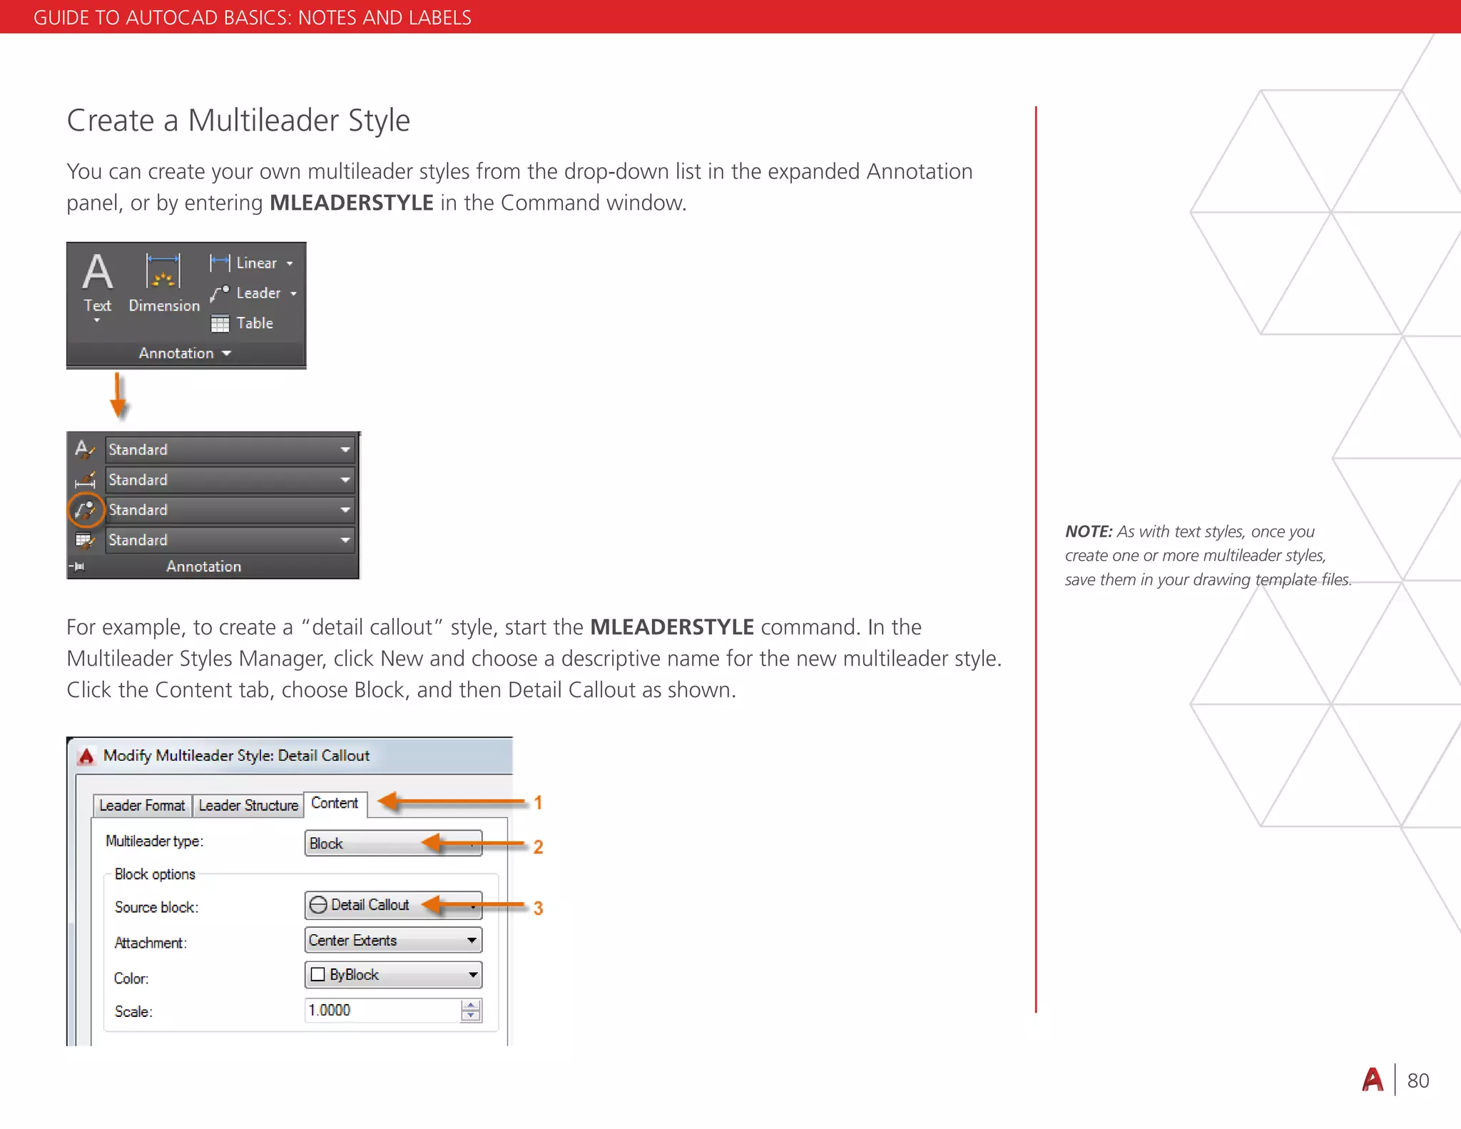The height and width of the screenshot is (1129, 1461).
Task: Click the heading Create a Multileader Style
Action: pyautogui.click(x=238, y=121)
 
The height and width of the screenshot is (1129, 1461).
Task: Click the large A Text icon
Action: pyautogui.click(x=98, y=273)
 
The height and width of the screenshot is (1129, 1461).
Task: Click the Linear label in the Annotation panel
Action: pyautogui.click(x=256, y=263)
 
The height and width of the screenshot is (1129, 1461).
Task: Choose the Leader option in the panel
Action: pyautogui.click(x=258, y=293)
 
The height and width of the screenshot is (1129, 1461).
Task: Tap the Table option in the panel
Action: pyautogui.click(x=254, y=323)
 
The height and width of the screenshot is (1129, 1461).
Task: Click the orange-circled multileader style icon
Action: pyautogui.click(x=86, y=510)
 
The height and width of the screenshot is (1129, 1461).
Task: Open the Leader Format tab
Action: pyautogui.click(x=142, y=806)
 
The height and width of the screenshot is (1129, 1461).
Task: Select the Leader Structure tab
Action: pyautogui.click(x=248, y=806)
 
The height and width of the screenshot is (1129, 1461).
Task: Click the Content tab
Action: pyautogui.click(x=335, y=804)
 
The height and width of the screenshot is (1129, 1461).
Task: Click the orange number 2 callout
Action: pyautogui.click(x=538, y=847)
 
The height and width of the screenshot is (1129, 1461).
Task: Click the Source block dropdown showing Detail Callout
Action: pyautogui.click(x=392, y=905)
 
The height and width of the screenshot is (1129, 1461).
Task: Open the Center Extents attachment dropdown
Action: pyautogui.click(x=392, y=941)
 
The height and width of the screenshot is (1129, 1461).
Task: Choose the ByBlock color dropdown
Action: pyautogui.click(x=392, y=975)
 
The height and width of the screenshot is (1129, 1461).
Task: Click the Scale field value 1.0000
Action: pyautogui.click(x=382, y=1011)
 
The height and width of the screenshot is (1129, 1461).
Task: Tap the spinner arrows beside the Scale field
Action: pyautogui.click(x=470, y=1011)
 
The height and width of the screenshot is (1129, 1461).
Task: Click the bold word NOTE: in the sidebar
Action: pyautogui.click(x=1088, y=532)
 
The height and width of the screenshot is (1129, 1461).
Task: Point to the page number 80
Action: pyautogui.click(x=1417, y=1081)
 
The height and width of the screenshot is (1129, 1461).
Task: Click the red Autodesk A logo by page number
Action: pyautogui.click(x=1373, y=1080)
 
